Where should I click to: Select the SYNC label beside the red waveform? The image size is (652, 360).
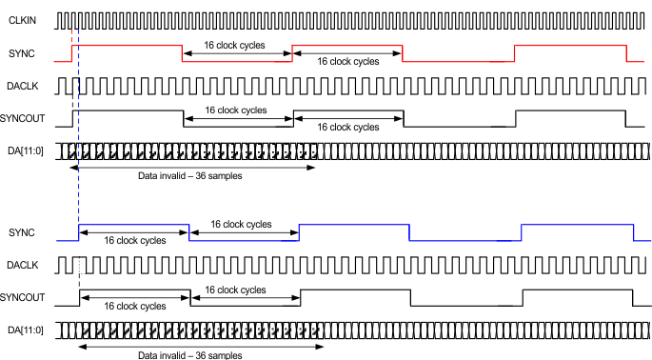[20, 53]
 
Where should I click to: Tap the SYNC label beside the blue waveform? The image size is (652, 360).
[20, 232]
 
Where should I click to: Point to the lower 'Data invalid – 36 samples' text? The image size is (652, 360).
[185, 354]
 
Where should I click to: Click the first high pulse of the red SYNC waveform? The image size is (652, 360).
[128, 45]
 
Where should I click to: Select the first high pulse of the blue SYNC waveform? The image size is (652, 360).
[133, 225]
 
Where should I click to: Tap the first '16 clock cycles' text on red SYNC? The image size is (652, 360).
[235, 45]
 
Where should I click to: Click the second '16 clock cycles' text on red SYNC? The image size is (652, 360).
[348, 60]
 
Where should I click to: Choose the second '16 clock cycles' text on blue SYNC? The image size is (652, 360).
[242, 225]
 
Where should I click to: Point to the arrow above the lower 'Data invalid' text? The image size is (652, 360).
[200, 346]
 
